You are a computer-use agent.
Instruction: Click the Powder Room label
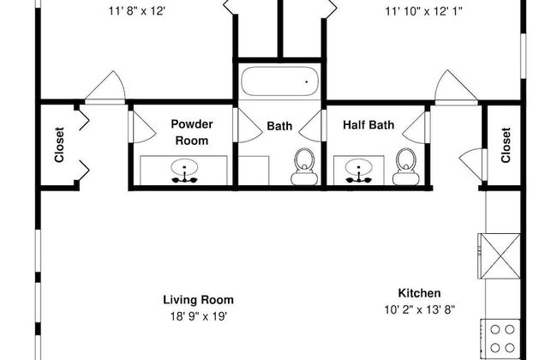192,132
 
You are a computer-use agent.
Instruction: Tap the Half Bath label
368,125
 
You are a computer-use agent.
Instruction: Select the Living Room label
198,300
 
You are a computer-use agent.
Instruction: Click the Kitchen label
419,293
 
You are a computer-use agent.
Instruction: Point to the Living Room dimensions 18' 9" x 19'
198,316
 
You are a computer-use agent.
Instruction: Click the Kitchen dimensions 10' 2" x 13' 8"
420,310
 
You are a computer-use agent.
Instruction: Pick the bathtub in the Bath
279,81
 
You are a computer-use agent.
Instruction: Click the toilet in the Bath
304,166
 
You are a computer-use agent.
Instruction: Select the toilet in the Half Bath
405,166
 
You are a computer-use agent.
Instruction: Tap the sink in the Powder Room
184,171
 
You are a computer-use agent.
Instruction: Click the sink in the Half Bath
359,171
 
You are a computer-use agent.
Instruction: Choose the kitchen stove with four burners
501,339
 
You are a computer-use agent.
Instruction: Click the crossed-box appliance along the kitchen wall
499,256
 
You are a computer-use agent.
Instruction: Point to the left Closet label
59,145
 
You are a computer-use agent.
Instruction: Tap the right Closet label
506,145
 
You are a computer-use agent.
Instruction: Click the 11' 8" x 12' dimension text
137,11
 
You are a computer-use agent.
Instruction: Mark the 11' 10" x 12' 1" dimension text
424,11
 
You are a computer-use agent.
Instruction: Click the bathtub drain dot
307,81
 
